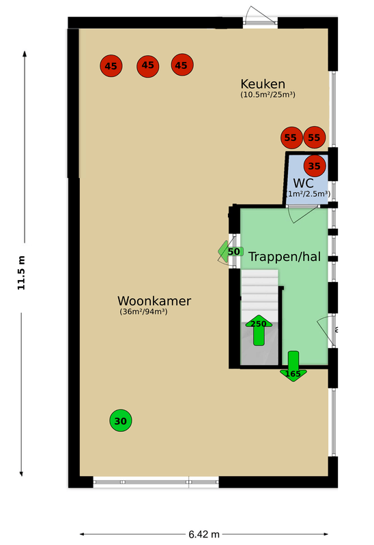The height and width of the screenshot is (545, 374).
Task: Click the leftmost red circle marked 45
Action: click(x=111, y=66)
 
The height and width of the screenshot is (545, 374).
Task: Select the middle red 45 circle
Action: click(x=147, y=66)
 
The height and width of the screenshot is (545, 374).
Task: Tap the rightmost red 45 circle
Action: click(x=182, y=65)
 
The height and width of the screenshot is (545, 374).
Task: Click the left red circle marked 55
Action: click(x=291, y=138)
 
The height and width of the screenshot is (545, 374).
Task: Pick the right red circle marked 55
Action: click(x=314, y=138)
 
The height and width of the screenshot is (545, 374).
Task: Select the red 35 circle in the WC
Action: click(x=315, y=165)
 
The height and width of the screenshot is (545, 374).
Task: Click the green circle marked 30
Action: click(x=121, y=421)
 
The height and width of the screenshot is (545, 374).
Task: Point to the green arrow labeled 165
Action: click(x=293, y=367)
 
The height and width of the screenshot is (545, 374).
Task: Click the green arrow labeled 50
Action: click(x=229, y=251)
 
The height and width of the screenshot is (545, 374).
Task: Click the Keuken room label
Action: click(x=262, y=84)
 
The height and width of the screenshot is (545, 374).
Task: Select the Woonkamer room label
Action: click(x=154, y=300)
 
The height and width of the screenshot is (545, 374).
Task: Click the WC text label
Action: click(x=304, y=183)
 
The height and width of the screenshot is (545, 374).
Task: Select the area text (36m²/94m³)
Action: click(x=144, y=312)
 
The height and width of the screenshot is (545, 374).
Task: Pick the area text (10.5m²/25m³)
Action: click(x=268, y=95)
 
